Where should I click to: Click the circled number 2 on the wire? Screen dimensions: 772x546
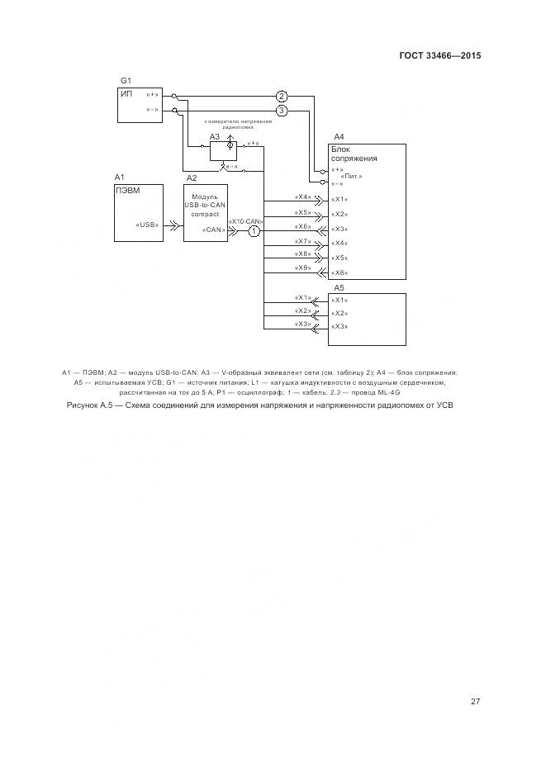282,96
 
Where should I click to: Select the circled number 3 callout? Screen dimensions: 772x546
282,110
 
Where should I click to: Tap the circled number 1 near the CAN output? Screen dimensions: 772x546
254,231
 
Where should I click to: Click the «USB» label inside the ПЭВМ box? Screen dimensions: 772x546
147,225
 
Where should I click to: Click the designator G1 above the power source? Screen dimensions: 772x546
126,80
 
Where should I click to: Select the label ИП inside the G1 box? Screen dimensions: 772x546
126,94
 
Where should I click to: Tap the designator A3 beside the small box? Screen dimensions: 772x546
214,136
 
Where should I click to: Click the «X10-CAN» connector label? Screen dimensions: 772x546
245,221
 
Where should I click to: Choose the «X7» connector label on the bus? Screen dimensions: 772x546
302,240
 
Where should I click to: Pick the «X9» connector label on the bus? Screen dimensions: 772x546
302,268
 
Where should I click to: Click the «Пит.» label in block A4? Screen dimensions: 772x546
352,176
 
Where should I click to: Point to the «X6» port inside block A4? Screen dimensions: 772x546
339,272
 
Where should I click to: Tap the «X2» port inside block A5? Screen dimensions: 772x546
339,314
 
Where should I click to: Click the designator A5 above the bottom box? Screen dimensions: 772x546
339,287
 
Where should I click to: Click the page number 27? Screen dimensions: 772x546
476,702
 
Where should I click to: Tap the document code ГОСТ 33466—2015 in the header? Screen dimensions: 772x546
440,56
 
